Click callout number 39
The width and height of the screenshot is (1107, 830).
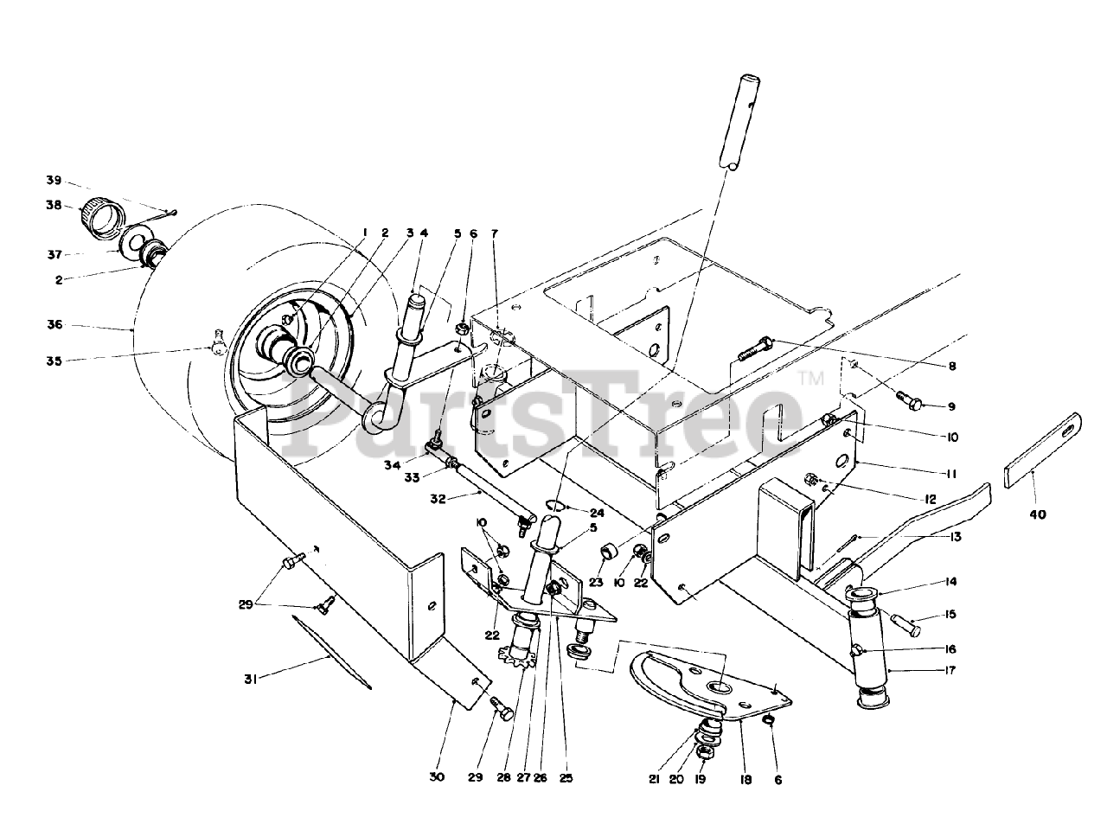pyautogui.click(x=54, y=180)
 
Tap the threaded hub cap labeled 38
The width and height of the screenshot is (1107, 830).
pyautogui.click(x=99, y=214)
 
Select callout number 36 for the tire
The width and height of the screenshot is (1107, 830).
pyautogui.click(x=54, y=325)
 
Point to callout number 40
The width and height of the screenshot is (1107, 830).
pyautogui.click(x=1037, y=514)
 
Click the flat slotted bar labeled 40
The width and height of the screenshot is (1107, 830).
pyautogui.click(x=1043, y=450)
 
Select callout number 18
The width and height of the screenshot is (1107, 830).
pyautogui.click(x=745, y=779)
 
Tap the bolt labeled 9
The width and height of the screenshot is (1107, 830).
pyautogui.click(x=908, y=399)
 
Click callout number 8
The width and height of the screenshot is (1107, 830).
pyautogui.click(x=950, y=366)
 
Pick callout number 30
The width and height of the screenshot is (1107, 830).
pyautogui.click(x=437, y=778)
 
